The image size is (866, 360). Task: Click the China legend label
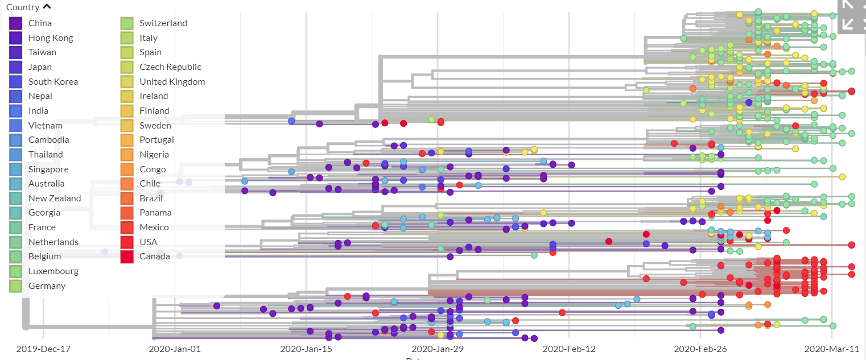click(40, 23)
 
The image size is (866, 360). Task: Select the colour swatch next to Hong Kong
click(16, 38)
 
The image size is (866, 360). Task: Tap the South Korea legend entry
click(53, 82)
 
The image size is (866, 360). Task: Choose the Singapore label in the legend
click(48, 169)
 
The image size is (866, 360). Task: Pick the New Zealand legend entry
click(55, 198)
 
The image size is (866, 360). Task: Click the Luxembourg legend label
click(53, 271)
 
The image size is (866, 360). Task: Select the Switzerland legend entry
click(163, 23)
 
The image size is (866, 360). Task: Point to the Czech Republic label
click(170, 67)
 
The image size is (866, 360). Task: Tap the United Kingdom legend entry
click(172, 82)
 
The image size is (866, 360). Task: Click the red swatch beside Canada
click(127, 256)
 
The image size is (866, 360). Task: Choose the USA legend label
click(149, 242)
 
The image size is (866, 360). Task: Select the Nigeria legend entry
click(154, 155)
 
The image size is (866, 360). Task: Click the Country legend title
click(23, 7)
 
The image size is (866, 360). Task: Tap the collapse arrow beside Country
click(47, 7)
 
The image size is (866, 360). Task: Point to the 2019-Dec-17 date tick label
click(43, 349)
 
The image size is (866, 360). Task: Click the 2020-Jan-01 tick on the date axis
click(175, 349)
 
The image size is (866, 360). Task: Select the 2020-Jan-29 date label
click(437, 349)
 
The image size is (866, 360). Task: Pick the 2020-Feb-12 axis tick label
click(568, 349)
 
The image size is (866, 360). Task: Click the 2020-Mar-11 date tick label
click(831, 349)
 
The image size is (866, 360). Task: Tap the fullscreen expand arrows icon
click(851, 14)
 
